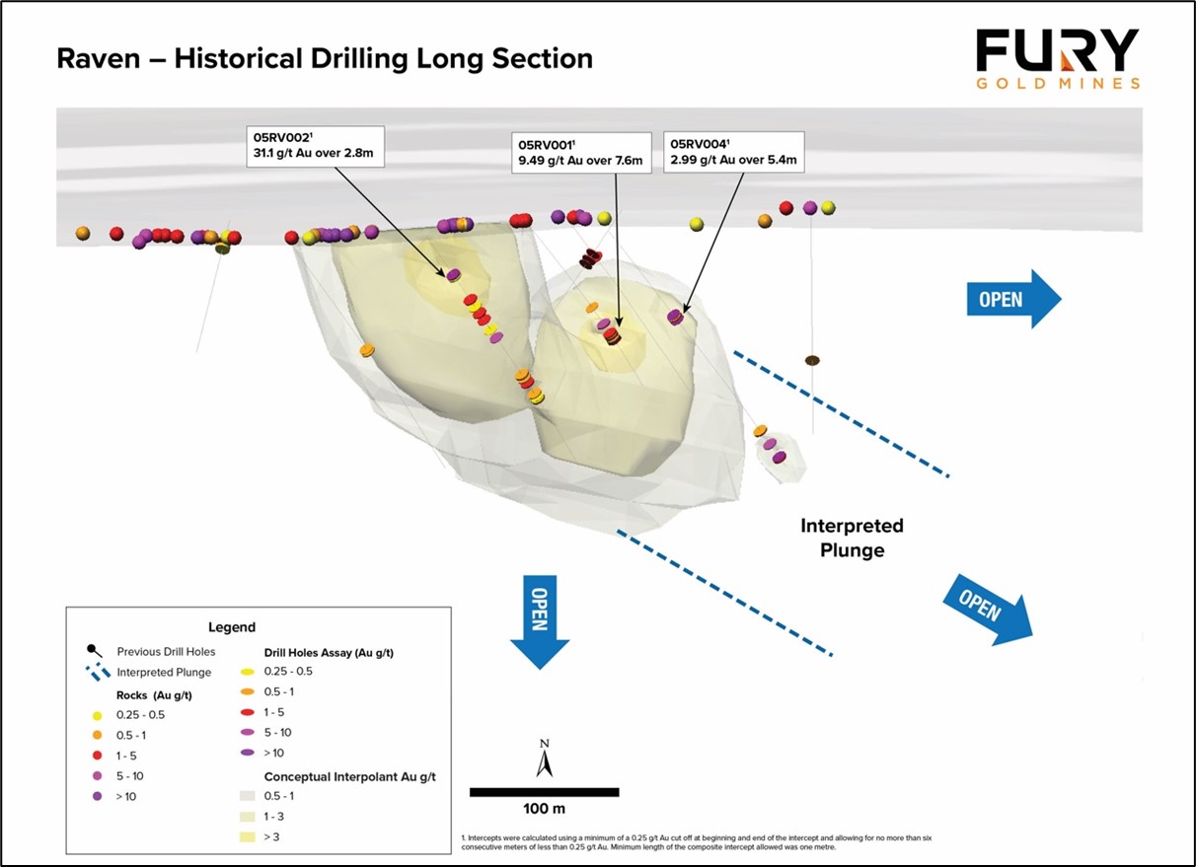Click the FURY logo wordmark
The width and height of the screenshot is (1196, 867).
point(1057,50)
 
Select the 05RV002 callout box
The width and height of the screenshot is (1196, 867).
point(315,146)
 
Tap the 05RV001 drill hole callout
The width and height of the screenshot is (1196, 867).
point(581,153)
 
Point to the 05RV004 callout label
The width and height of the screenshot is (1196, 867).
point(733,152)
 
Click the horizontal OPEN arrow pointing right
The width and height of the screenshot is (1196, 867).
point(1013,299)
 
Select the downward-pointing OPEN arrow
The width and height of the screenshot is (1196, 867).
point(540,622)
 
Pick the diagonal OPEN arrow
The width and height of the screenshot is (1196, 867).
point(988,611)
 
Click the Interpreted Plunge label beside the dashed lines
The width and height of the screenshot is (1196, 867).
point(852,538)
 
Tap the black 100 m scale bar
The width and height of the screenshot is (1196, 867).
point(544,792)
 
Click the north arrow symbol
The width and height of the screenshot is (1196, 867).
point(544,759)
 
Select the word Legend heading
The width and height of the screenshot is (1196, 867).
point(232,627)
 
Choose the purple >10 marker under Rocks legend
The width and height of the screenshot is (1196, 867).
point(97,796)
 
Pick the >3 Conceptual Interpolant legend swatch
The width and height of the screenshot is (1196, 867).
point(248,836)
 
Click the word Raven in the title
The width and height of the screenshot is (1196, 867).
point(99,58)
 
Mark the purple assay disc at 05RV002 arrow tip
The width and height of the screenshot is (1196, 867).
point(453,275)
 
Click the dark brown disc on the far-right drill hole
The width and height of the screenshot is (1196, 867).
point(812,361)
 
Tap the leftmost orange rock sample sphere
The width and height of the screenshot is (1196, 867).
point(82,233)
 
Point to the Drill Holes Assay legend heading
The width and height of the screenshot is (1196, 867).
point(329,653)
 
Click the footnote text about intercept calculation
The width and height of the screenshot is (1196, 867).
point(697,842)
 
